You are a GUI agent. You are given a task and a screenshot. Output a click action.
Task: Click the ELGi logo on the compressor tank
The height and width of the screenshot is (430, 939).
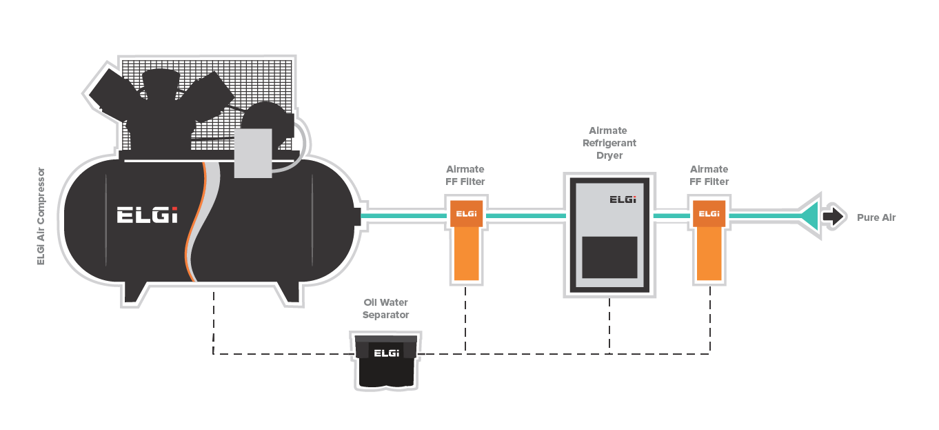click(147, 215)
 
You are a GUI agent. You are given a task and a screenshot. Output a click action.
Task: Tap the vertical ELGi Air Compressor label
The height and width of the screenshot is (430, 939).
click(41, 215)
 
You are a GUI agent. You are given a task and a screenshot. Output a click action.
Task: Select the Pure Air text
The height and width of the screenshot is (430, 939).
click(876, 217)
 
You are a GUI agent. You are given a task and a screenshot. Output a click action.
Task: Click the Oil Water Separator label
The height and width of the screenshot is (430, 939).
click(386, 309)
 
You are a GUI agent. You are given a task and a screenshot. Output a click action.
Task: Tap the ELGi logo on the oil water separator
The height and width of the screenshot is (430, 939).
click(386, 353)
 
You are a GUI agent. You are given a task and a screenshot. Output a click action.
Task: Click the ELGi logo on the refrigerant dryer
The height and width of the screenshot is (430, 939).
click(623, 199)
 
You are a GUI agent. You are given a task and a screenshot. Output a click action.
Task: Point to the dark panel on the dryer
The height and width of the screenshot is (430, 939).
click(609, 257)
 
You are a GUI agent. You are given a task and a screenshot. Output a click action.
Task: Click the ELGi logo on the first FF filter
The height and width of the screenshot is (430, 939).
click(466, 214)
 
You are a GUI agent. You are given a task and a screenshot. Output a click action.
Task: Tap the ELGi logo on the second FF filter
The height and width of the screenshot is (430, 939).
click(709, 214)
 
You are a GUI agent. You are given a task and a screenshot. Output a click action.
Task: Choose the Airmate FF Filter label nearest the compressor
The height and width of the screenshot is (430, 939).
click(465, 175)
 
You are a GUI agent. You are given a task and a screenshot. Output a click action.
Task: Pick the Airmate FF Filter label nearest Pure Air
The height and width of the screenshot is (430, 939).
click(709, 175)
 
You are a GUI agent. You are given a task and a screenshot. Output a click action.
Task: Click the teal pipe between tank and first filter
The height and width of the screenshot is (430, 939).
click(403, 216)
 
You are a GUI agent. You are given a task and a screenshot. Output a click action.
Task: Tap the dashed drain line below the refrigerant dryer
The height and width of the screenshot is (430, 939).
click(609, 324)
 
